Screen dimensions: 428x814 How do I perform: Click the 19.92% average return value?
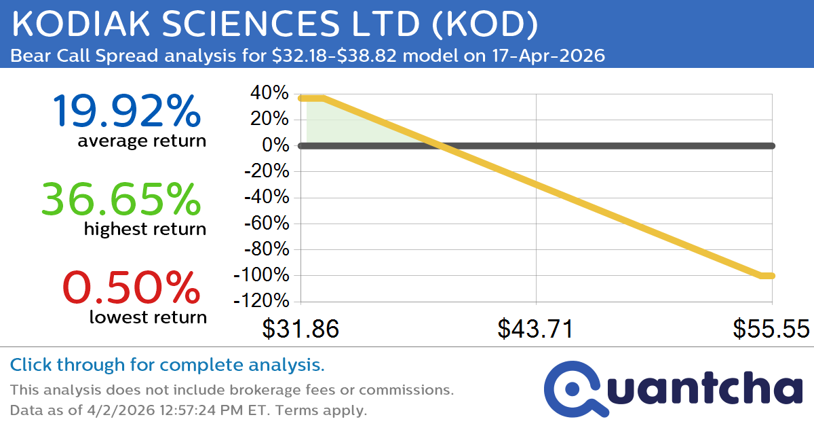coord(126,111)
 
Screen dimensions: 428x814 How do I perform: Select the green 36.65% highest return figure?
coord(121,200)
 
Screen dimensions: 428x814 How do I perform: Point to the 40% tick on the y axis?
coord(271,93)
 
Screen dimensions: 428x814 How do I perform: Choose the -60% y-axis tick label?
coord(266,224)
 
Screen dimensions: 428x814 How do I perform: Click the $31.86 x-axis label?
coord(301,329)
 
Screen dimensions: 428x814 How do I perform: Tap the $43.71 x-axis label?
coord(536,329)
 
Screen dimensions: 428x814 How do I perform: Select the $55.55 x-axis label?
coord(771,329)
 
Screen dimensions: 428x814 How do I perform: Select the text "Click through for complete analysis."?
coord(167,365)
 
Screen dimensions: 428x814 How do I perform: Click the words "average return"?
coord(141,141)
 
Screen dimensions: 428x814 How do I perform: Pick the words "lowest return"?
coord(148,317)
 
